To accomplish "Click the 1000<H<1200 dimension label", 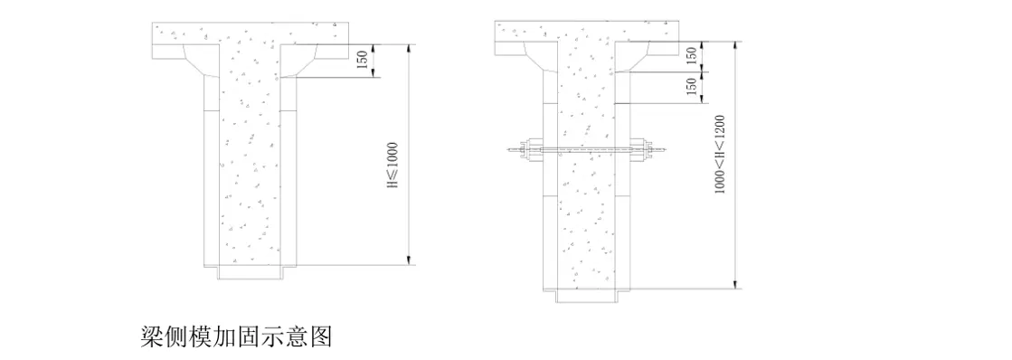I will click(x=720, y=166).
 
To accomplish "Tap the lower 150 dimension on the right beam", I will click(x=692, y=88).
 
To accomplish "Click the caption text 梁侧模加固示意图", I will click(x=237, y=338).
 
